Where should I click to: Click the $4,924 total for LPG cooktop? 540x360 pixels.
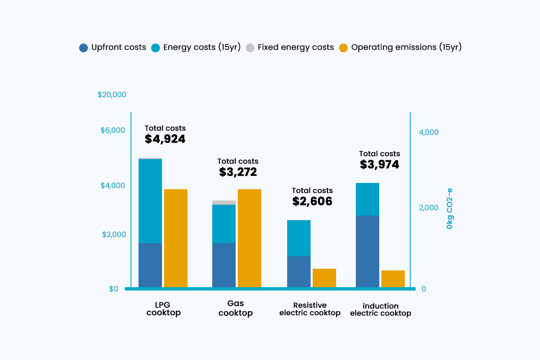[x=165, y=139]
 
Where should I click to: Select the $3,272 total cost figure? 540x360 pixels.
[x=238, y=172]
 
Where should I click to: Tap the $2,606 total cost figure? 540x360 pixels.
[x=312, y=201]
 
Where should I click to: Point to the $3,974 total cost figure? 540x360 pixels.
[x=380, y=165]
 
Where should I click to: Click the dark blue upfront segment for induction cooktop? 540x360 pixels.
[x=368, y=251]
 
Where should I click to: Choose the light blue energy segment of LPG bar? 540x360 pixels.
[x=150, y=201]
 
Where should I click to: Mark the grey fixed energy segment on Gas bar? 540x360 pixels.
[x=224, y=203]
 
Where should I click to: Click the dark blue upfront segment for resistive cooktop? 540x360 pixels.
[x=299, y=271]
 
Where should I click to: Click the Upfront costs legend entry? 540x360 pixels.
[x=113, y=47]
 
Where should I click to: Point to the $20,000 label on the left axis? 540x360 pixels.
[x=112, y=95]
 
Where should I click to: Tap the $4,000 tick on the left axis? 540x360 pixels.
[x=113, y=185]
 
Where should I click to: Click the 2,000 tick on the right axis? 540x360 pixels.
[x=429, y=208]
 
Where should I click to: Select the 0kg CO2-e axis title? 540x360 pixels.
[x=449, y=208]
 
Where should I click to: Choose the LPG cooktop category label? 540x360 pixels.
[x=164, y=309]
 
